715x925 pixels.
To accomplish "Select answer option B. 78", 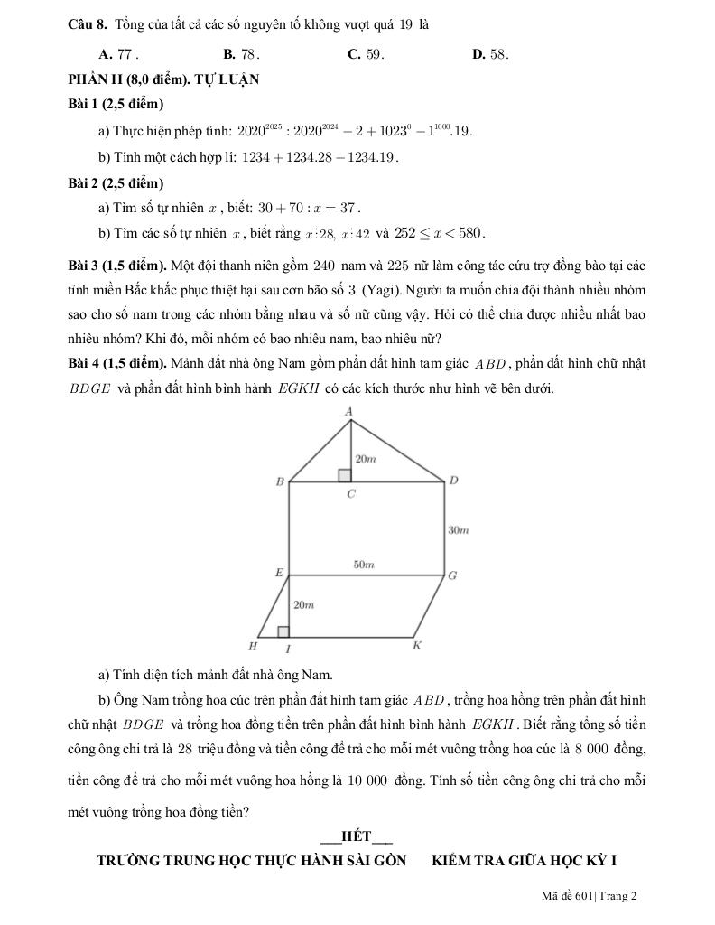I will tap(241, 54).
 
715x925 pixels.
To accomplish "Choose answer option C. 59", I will tap(366, 54).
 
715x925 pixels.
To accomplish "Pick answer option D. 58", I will tap(490, 54).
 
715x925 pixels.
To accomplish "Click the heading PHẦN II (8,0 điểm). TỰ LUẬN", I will tap(164, 79).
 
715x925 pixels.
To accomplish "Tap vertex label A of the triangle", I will tap(350, 412).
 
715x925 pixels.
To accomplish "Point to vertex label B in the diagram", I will tap(280, 482).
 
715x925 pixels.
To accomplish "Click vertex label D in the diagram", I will tap(453, 481).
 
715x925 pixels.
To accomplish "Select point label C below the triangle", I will tap(351, 494).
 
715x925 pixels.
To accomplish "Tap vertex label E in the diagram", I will tap(279, 573).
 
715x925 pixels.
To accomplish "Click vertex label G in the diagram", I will tap(452, 575).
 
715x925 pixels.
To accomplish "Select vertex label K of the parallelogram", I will tap(416, 646).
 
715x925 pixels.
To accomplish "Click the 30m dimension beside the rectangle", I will tap(459, 529).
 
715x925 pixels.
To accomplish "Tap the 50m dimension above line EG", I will tap(363, 565).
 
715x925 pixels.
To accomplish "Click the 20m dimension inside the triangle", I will tap(365, 459).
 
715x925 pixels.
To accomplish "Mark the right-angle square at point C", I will tap(345, 475).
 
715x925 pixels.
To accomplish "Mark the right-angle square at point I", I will tap(283, 631).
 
